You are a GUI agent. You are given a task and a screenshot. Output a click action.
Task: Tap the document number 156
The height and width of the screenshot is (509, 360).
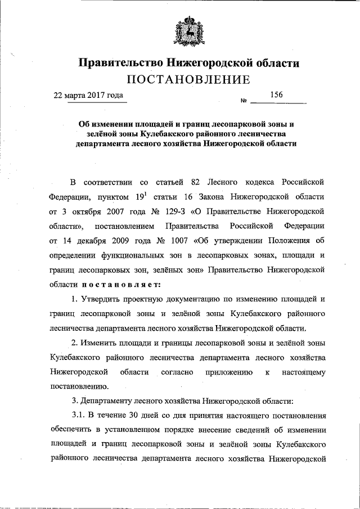[276, 95]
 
